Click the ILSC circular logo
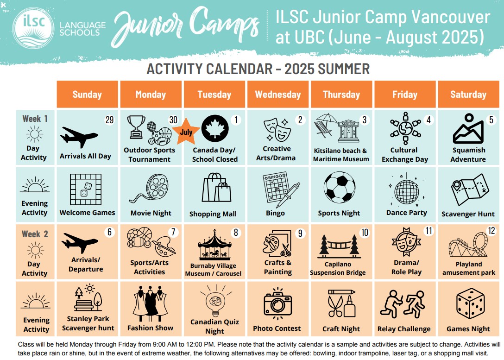[x=33, y=28]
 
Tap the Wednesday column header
[x=278, y=94]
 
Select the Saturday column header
[x=468, y=94]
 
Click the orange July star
[x=186, y=131]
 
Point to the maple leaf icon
[x=215, y=129]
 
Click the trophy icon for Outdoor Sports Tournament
[x=136, y=127]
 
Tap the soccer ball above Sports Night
[x=340, y=187]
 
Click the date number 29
[x=110, y=120]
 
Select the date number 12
[x=491, y=230]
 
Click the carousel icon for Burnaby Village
[x=214, y=244]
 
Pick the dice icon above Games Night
[x=471, y=303]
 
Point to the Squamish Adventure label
[x=468, y=155]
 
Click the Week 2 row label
[x=35, y=234]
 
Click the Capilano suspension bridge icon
[x=339, y=246]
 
